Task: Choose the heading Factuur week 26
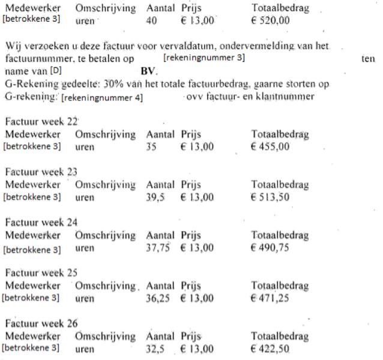click(38, 324)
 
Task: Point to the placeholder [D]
click(56, 70)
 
